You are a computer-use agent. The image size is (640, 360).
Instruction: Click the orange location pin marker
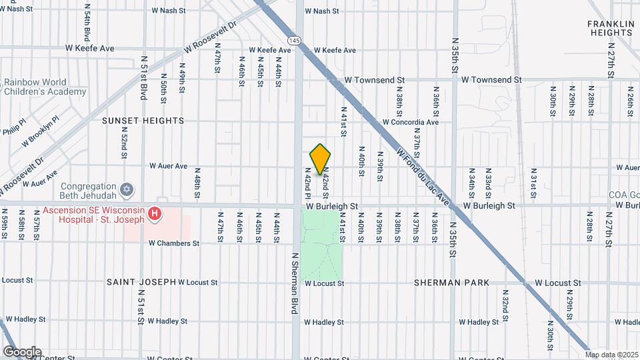click(321, 159)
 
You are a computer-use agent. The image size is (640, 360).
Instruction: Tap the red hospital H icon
click(155, 214)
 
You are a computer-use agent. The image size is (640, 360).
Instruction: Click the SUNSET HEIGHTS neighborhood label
click(143, 121)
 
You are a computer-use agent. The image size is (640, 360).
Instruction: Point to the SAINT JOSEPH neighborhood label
click(141, 282)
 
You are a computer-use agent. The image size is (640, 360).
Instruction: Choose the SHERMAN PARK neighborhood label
click(451, 283)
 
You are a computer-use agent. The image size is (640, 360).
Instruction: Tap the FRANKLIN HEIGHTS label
click(610, 28)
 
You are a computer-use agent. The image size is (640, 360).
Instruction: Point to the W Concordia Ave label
click(410, 122)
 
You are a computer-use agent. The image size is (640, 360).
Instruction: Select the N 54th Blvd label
click(87, 22)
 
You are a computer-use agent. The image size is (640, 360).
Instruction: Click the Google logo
click(22, 352)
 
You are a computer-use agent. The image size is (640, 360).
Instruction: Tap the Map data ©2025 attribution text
click(611, 355)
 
